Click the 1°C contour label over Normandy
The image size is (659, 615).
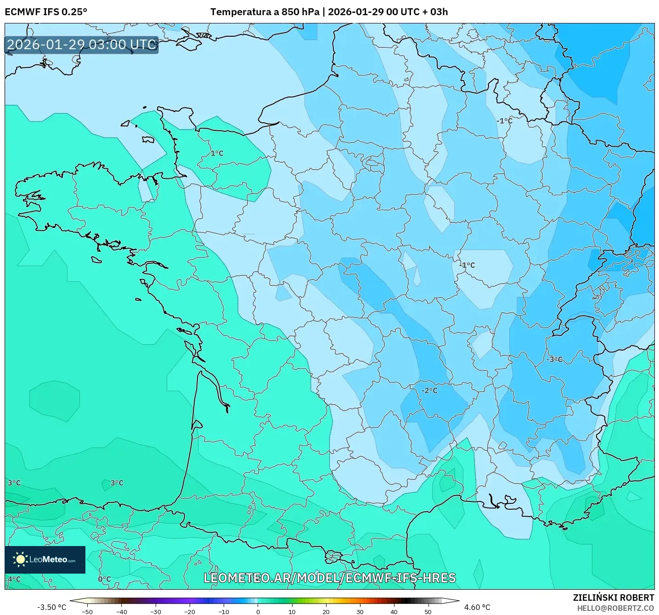click(x=217, y=153)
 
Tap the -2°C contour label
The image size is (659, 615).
click(x=429, y=390)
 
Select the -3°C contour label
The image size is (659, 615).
click(x=554, y=359)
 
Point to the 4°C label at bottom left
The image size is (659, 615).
click(x=14, y=579)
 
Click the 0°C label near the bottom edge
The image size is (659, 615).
click(x=104, y=579)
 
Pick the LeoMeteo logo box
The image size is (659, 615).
click(x=45, y=559)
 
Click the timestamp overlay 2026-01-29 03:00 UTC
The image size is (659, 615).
click(x=82, y=45)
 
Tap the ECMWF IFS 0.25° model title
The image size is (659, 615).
click(x=46, y=12)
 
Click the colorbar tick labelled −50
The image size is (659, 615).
click(x=87, y=611)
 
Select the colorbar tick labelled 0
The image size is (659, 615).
click(x=258, y=611)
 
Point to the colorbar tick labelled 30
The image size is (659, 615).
click(x=360, y=611)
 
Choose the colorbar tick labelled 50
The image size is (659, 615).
click(x=428, y=611)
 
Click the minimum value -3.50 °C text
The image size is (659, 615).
click(x=51, y=607)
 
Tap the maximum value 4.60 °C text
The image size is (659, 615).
click(x=477, y=607)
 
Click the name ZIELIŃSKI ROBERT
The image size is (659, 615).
click(x=613, y=598)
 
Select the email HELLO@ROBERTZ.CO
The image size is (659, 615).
click(x=615, y=608)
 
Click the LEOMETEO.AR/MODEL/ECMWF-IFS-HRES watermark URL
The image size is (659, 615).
click(x=329, y=578)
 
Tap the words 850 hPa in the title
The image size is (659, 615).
click(x=300, y=12)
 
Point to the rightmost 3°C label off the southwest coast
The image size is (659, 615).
click(x=117, y=483)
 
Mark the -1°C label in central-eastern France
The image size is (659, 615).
click(x=467, y=265)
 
